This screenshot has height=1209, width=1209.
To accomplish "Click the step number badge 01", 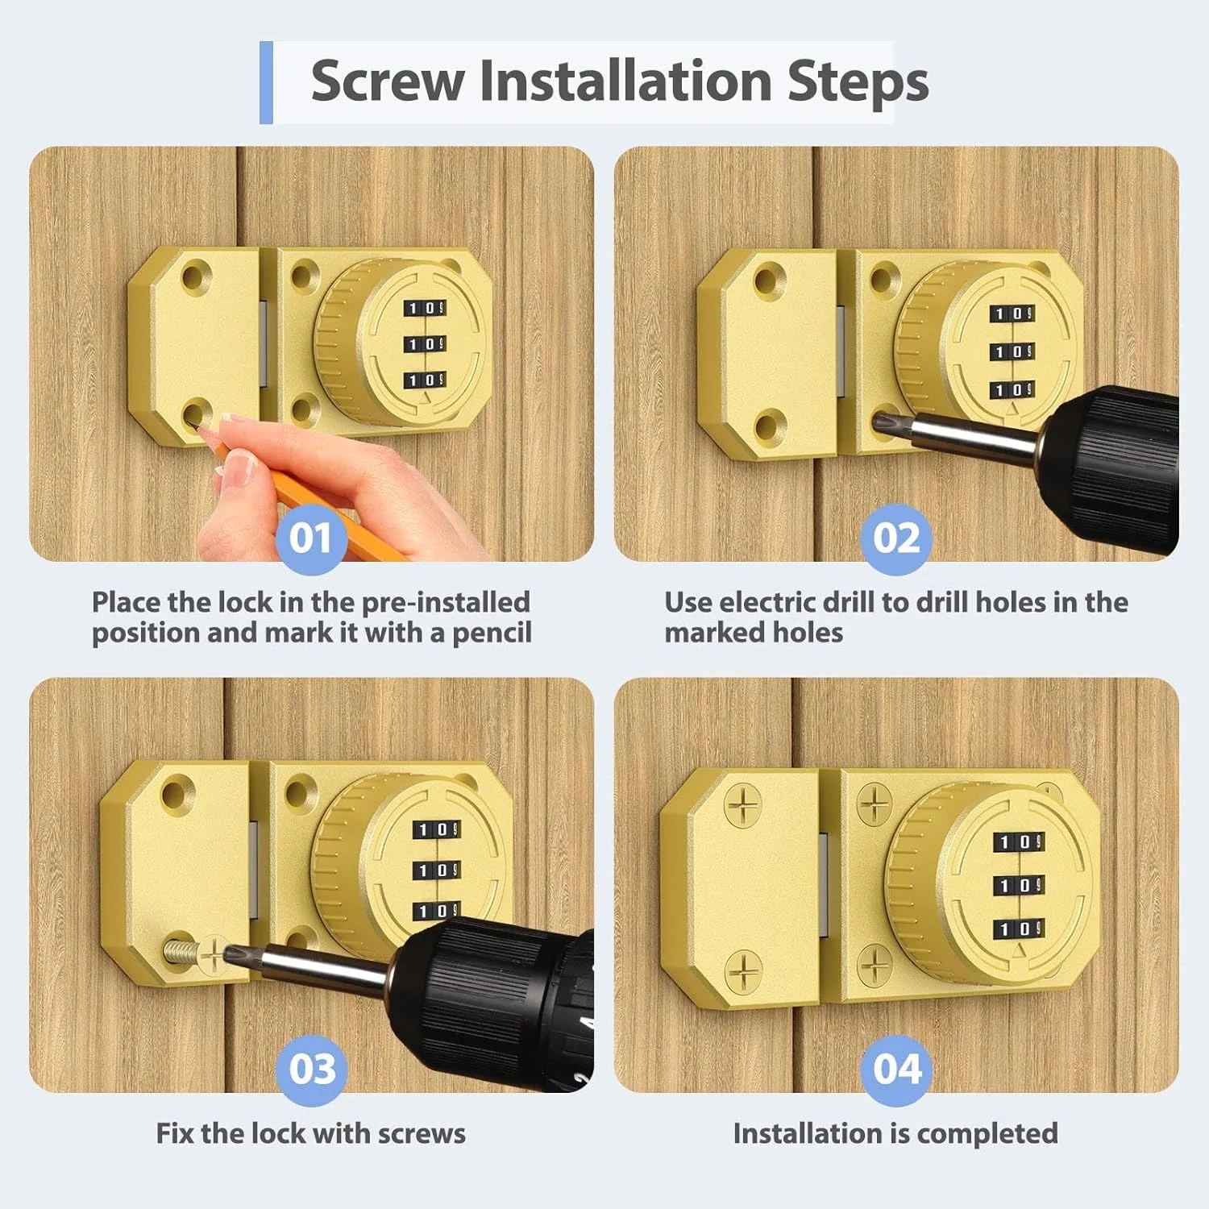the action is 311,538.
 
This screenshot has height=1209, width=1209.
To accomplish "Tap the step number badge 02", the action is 896,538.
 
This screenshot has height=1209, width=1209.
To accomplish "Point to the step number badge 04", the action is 896,1070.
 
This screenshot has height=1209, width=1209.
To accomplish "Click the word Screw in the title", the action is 388,81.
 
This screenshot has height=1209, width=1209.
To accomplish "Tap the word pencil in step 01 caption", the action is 492,634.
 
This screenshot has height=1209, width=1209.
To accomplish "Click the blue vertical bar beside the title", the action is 266,82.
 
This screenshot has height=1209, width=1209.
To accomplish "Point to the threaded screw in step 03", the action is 181,951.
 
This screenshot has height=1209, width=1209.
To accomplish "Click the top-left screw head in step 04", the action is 742,805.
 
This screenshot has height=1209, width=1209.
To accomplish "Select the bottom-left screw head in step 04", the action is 742,971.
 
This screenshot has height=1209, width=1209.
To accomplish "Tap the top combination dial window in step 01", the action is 425,309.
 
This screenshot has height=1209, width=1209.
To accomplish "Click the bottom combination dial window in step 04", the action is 1019,929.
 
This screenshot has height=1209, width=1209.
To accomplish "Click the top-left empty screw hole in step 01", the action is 194,277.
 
